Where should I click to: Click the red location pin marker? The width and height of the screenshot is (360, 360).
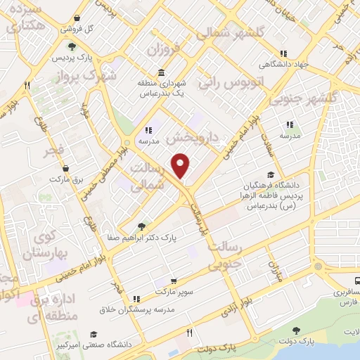click(181, 165)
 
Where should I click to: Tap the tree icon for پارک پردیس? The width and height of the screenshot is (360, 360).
click(83, 46)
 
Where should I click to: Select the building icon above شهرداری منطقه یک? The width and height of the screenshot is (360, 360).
click(162, 73)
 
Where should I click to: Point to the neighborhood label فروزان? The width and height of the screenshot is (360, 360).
click(165, 49)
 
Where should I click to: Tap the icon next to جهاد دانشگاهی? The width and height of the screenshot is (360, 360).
click(283, 53)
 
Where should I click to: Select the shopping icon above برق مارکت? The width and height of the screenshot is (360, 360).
click(65, 169)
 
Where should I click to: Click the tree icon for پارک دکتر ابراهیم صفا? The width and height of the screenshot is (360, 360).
click(141, 226)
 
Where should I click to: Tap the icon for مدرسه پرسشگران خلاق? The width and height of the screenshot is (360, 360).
click(136, 299)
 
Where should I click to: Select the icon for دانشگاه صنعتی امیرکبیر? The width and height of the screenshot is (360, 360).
click(93, 335)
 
